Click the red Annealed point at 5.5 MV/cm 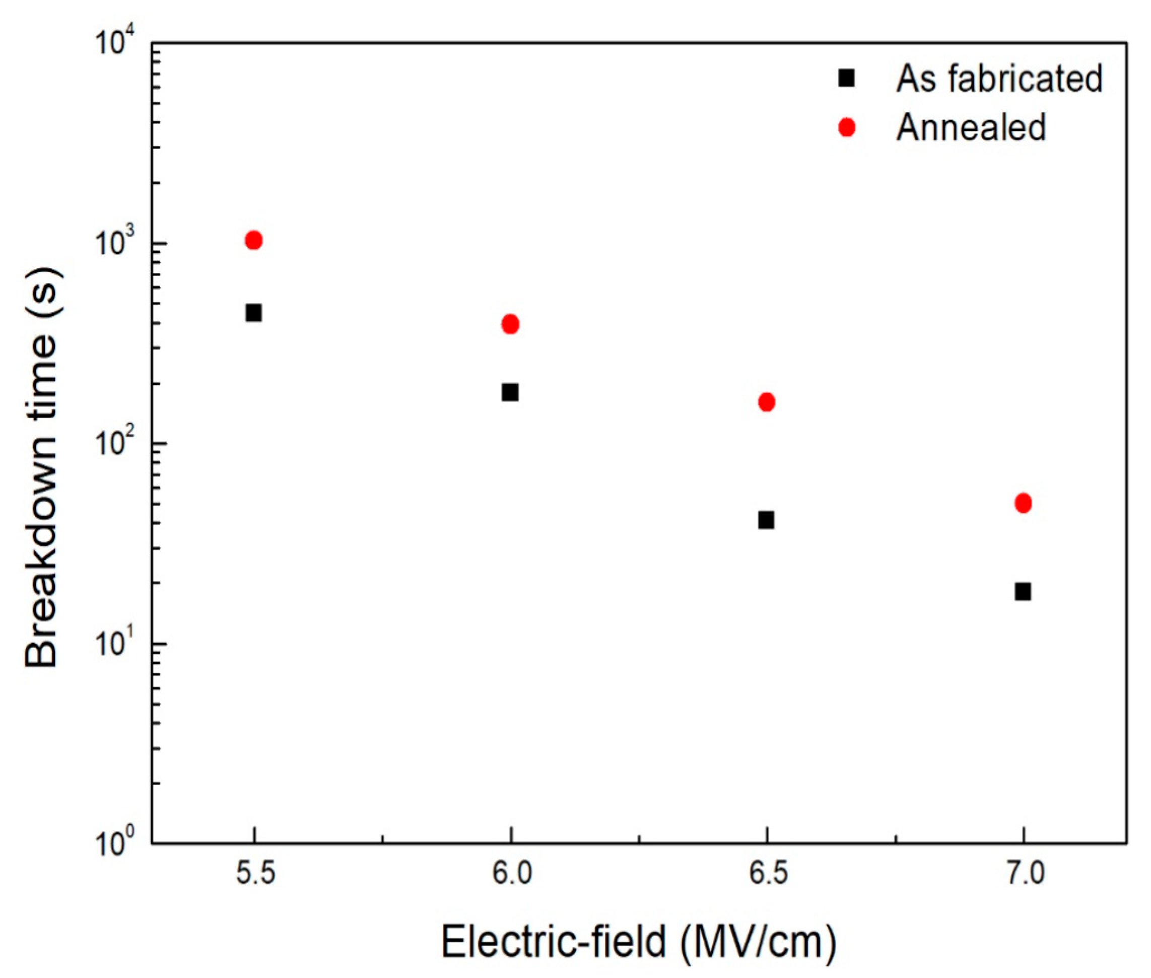254,240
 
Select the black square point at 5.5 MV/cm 254,313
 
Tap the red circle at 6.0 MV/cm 510,324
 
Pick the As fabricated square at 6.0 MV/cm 510,392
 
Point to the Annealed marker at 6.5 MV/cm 766,402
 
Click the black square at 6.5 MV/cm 766,520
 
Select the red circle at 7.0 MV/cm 1023,504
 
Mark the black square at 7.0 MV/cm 1023,592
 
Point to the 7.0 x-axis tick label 1024,875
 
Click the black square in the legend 847,78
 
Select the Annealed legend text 970,127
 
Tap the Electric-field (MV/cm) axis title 638,941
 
